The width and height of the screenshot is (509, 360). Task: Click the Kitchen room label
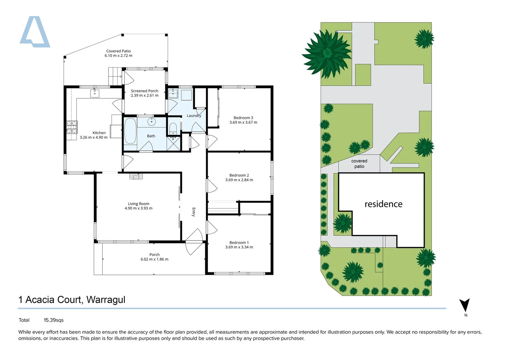[x=99, y=133]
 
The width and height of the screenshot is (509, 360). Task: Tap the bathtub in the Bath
[x=130, y=131]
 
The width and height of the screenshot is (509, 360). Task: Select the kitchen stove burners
[x=72, y=127]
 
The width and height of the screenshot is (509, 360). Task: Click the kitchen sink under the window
[x=95, y=93]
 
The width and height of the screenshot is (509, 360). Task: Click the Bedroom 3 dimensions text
[x=243, y=122]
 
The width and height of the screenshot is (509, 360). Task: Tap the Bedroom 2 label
[x=239, y=175]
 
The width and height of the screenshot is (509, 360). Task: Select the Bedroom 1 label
[x=239, y=243]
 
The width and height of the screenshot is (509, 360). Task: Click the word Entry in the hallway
[x=194, y=212]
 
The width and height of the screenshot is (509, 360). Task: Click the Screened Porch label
[x=145, y=91]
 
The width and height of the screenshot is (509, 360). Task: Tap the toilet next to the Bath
[x=173, y=129]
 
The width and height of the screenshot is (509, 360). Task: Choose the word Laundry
[x=194, y=116]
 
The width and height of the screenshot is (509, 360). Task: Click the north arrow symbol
[x=465, y=305]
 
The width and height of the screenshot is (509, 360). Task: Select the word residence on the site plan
[x=383, y=204]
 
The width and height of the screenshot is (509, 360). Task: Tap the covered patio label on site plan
[x=359, y=164]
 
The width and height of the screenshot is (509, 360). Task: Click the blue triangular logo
[x=35, y=32]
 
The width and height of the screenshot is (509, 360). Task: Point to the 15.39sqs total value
[x=54, y=320]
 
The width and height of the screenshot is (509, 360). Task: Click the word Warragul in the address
[x=106, y=300]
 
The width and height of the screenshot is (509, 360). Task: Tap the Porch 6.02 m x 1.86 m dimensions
[x=155, y=259]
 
